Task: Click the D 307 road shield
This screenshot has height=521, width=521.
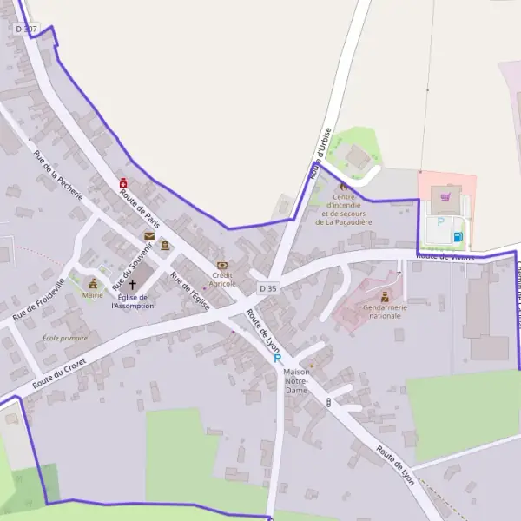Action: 26,29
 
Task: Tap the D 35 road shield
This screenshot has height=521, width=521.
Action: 267,288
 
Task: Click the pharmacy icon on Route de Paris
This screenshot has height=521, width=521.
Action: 123,184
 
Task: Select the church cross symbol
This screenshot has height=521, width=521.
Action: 133,284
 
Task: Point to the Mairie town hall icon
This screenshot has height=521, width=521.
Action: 92,283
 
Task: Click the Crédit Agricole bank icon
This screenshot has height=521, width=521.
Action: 222,265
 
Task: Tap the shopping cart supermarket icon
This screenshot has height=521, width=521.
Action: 445,197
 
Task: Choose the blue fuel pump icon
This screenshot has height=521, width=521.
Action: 458,236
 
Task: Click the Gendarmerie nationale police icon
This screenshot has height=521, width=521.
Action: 385,296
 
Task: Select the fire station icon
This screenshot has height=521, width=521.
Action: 344,186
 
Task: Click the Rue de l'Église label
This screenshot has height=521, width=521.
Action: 190,291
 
